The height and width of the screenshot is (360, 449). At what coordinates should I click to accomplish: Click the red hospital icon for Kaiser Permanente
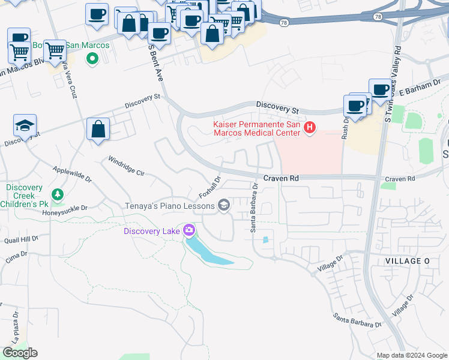click(x=310, y=127)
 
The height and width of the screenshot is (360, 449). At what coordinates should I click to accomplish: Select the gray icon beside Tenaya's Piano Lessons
click(x=224, y=206)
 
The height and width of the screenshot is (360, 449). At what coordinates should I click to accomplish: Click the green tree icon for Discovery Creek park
click(x=57, y=194)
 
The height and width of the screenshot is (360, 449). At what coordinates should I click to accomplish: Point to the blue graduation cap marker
click(x=25, y=126)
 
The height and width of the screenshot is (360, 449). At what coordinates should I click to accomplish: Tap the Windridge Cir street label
click(x=126, y=166)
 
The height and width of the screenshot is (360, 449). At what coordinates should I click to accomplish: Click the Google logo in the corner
click(x=20, y=353)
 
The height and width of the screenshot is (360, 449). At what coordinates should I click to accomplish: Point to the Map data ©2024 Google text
click(x=411, y=355)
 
